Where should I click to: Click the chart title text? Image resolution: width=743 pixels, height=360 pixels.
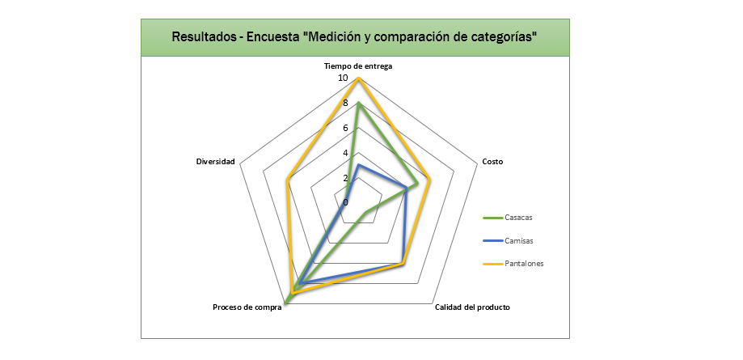coord(355,37)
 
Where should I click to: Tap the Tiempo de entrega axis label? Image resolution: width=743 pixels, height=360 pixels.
coord(358,66)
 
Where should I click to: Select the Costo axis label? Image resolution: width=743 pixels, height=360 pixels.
coord(492,162)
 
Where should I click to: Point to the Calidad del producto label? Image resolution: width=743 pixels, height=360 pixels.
coord(472,307)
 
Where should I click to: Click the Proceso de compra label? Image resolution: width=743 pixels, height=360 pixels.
coord(247,307)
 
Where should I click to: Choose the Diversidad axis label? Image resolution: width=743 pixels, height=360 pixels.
coord(215,162)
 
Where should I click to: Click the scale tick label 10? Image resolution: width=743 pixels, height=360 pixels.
coord(343,78)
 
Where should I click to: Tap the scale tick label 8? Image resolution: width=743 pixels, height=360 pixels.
coord(345,104)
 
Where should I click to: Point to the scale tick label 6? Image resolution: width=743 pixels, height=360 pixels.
coord(345,129)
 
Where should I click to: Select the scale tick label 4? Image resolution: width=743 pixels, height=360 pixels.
coord(345,153)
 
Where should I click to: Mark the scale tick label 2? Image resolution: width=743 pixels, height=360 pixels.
coord(345,178)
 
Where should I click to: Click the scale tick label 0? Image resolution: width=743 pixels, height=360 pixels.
coord(345,202)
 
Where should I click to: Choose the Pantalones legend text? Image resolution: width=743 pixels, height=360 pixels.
coord(524,263)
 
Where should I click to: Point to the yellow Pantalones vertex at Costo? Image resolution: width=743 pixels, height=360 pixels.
coord(430,180)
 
